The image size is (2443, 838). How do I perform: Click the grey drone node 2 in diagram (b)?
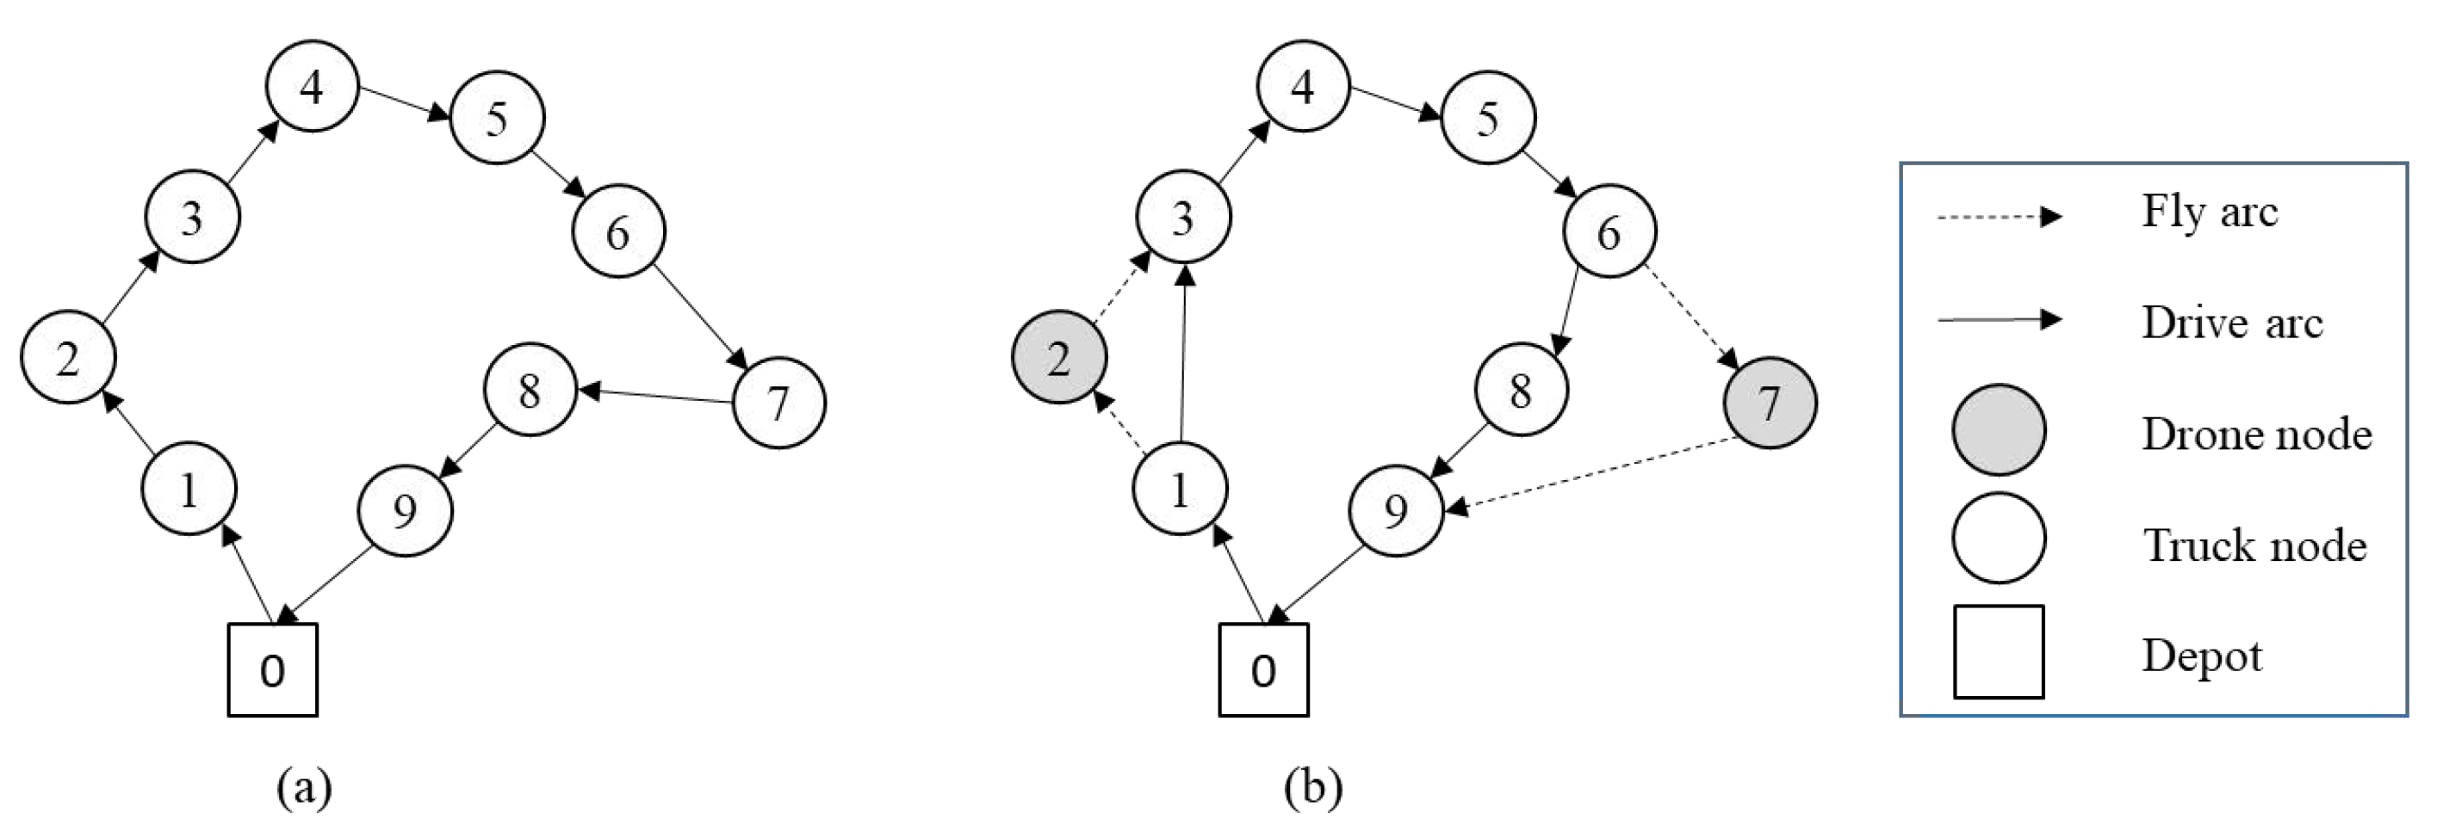coord(1059,358)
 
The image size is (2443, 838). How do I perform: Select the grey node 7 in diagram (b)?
coord(1770,402)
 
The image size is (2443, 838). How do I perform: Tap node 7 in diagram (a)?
coord(778,402)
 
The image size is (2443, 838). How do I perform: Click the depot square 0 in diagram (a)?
coord(272,669)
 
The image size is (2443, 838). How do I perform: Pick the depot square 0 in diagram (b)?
coord(1263,669)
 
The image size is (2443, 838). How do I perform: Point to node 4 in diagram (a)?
coord(312,86)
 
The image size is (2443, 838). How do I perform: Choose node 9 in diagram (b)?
coord(1396,510)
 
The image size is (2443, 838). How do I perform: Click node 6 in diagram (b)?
coord(1609,231)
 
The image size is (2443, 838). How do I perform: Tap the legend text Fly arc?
coord(2209,212)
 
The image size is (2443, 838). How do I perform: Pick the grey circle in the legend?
coord(1998,429)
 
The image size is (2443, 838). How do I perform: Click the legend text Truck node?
coord(2254,545)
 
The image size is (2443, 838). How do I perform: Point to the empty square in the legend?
coord(1998,652)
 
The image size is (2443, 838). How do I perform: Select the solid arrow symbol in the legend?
coord(1998,319)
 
